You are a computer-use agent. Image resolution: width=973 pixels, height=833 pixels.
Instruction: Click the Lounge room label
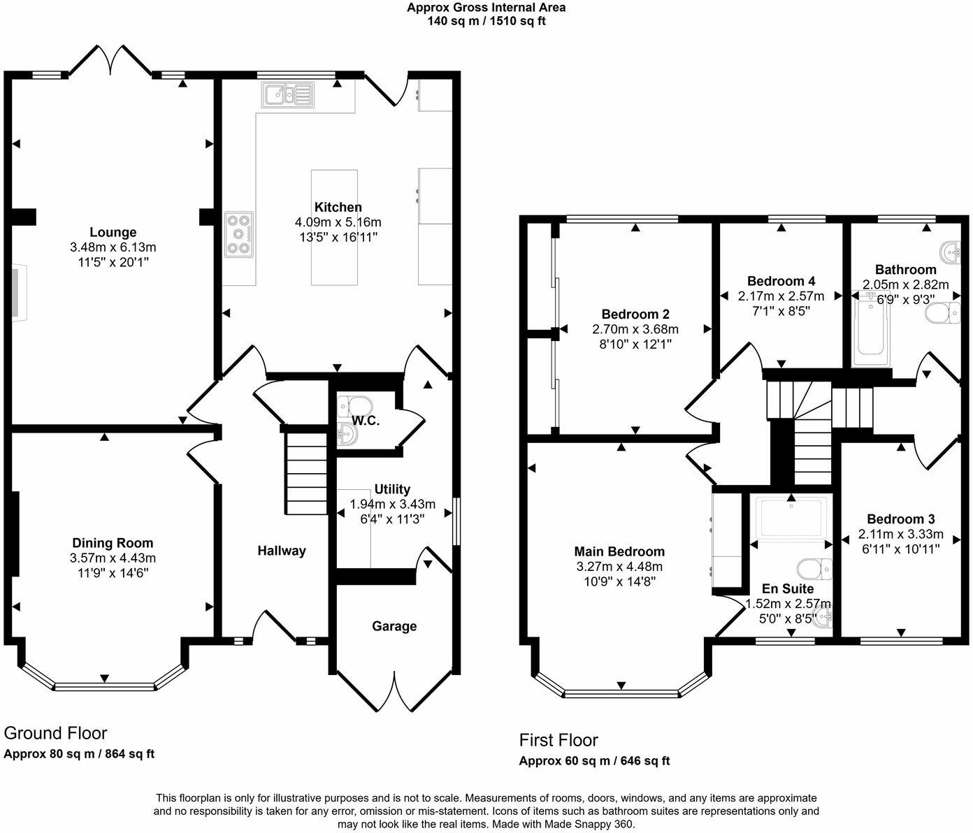113,233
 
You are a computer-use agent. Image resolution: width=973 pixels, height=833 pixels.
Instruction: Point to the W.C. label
365,421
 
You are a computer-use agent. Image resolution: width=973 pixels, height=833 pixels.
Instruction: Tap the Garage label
394,626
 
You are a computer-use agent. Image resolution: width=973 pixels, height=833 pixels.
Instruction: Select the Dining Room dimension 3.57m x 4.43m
113,558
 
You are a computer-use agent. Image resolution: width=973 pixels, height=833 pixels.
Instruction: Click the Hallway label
282,551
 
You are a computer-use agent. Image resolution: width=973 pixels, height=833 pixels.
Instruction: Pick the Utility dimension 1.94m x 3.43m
392,504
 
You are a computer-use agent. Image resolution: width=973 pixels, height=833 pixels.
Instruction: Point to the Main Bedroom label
619,551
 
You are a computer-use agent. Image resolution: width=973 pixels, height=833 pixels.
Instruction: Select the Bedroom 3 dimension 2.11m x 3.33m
900,534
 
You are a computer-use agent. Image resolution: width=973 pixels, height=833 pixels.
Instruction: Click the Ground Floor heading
55,733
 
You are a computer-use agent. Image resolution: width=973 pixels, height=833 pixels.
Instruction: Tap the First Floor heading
558,740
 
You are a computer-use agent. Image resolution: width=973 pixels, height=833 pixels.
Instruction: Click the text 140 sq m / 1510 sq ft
486,21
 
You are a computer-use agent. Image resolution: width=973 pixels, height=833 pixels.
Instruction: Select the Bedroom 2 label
635,314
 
